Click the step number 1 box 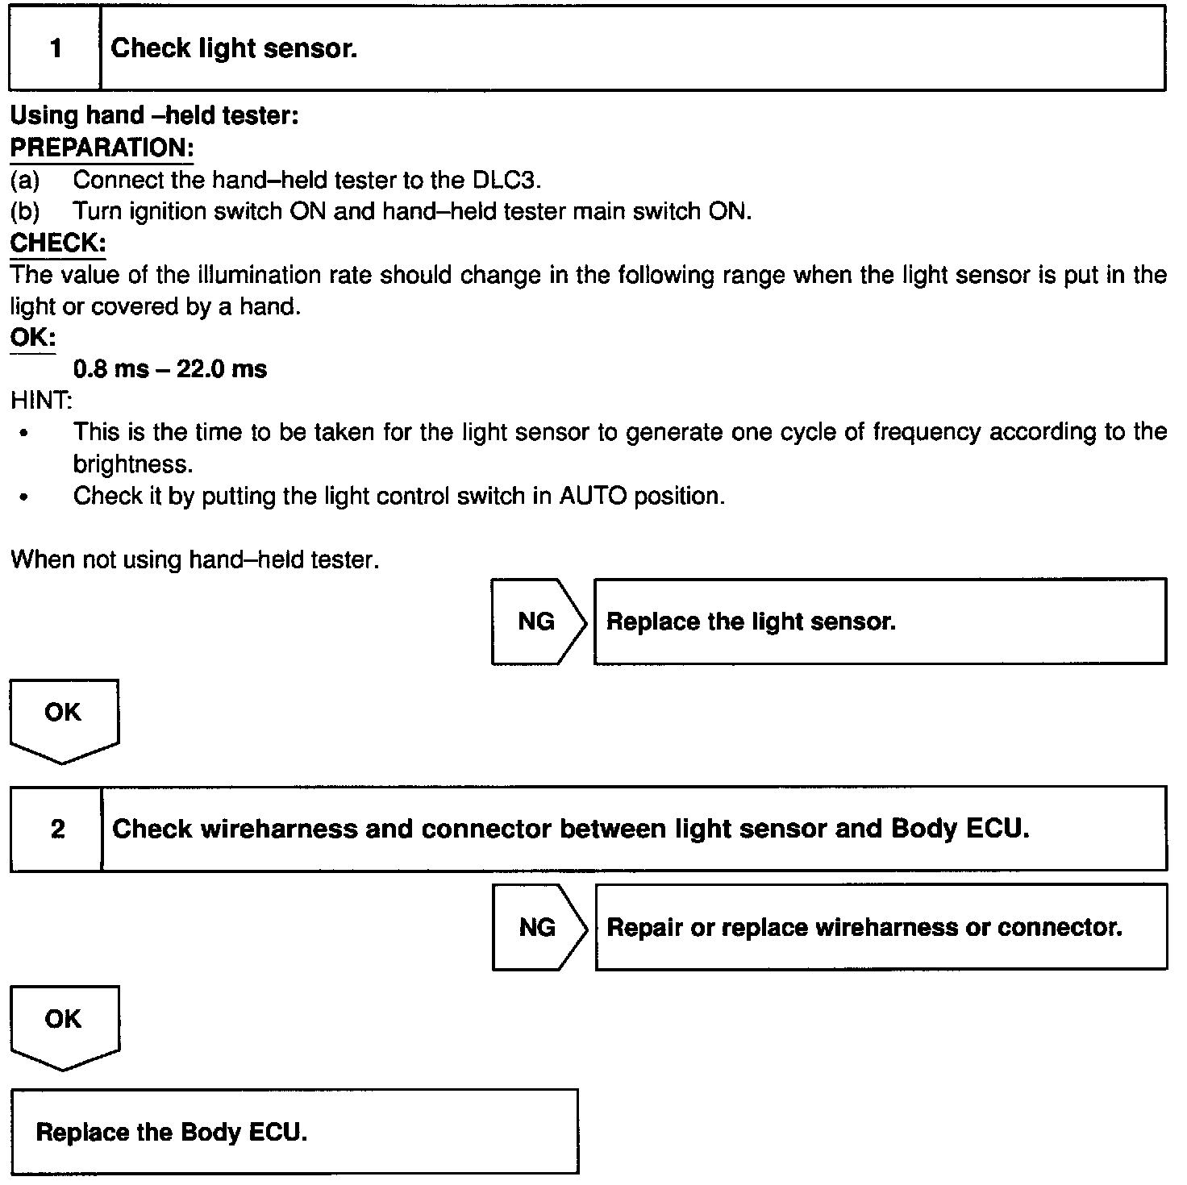tap(55, 48)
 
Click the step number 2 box tap(56, 829)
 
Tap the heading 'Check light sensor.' tap(234, 48)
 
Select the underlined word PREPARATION tap(102, 148)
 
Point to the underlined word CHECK tap(57, 243)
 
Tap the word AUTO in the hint tap(593, 496)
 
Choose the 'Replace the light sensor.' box tap(880, 622)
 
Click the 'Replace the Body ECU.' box tap(294, 1132)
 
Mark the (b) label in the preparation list tap(24, 211)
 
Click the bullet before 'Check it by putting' tap(25, 497)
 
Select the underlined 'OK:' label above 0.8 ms tap(32, 338)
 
